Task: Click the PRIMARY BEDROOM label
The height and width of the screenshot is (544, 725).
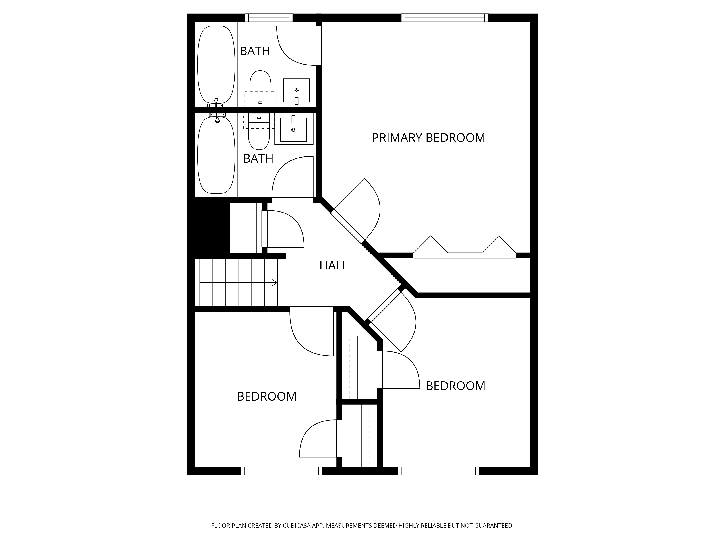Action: (428, 138)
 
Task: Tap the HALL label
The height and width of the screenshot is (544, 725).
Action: (334, 265)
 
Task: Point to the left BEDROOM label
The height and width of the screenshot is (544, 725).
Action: (266, 396)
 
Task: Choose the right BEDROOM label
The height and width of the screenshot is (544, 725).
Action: (455, 386)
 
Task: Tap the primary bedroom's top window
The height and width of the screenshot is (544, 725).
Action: (445, 18)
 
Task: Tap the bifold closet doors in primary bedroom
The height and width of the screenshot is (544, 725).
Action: (465, 249)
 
